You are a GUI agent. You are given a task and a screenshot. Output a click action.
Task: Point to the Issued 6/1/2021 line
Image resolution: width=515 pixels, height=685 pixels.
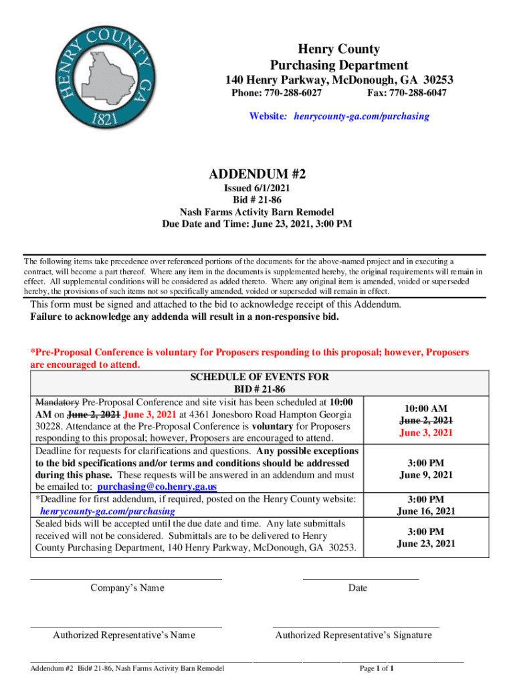tap(257, 189)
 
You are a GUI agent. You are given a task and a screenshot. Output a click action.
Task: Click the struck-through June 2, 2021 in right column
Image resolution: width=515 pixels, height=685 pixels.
tap(426, 421)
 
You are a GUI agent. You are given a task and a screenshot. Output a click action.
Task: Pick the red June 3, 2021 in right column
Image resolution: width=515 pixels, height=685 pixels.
tap(426, 433)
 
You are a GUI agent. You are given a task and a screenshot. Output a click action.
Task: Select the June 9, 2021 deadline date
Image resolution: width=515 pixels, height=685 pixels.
tap(426, 475)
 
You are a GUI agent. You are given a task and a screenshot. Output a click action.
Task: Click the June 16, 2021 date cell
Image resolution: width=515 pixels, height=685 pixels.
tap(426, 511)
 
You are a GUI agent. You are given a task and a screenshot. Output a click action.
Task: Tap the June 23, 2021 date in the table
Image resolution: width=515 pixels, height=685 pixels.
tap(426, 543)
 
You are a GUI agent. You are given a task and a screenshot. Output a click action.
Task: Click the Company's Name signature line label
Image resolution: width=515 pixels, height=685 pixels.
tap(126, 588)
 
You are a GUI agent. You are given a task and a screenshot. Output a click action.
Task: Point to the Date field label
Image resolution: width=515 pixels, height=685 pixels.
tap(357, 588)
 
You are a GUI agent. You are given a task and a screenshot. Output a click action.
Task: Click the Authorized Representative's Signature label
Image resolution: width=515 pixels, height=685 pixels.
tap(353, 635)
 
